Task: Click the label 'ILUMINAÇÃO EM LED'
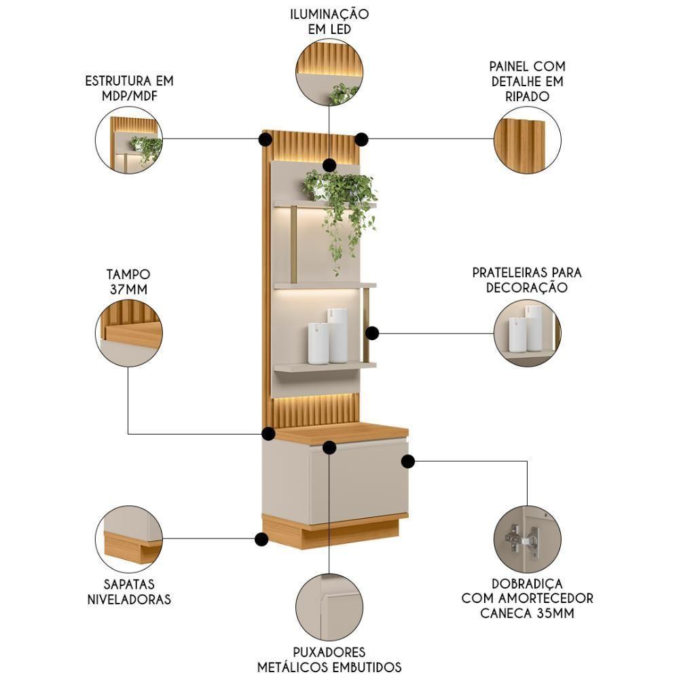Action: point(329,22)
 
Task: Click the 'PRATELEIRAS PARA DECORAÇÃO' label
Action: point(527,279)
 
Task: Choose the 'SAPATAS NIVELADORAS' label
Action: point(129,591)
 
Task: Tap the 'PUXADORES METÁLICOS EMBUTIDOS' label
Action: point(329,659)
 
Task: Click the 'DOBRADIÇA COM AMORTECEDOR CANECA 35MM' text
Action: point(527,598)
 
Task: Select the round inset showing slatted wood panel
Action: point(527,139)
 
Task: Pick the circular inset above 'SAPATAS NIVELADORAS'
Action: point(129,538)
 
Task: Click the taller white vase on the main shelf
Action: point(337,335)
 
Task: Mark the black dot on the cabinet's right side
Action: point(407,462)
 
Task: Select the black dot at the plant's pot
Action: point(329,165)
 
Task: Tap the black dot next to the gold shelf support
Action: point(371,333)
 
